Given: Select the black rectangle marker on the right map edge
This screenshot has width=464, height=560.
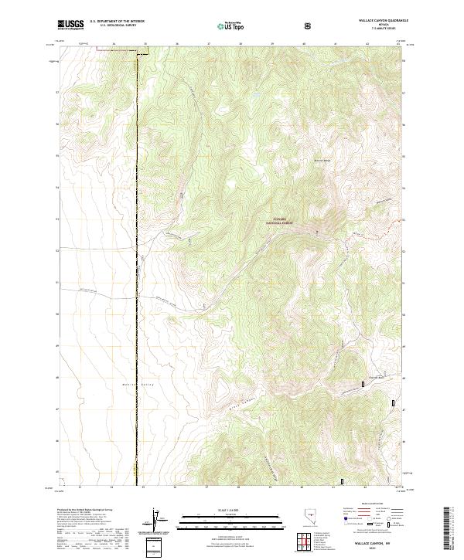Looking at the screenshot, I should pos(394,402).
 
